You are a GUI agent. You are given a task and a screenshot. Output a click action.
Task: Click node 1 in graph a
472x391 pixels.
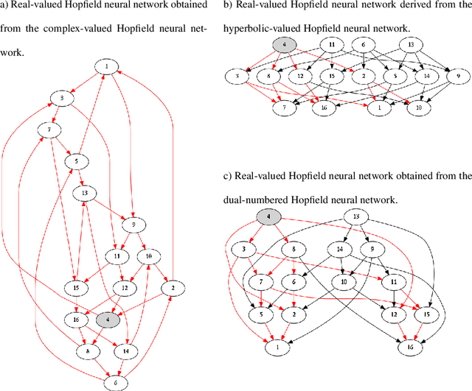106,67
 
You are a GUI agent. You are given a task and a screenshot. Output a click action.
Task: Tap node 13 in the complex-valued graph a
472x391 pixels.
85,193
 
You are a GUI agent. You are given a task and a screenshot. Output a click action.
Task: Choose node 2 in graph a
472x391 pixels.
172,287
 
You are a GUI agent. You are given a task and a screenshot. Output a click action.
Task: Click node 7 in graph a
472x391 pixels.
50,130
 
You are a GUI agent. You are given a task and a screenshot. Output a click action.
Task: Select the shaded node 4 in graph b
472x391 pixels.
285,46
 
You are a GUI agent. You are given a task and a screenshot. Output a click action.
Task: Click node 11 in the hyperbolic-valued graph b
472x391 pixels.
333,46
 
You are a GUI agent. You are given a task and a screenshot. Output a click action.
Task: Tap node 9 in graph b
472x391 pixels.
457,75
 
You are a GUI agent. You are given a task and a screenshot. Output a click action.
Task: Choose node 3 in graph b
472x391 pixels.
237,75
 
